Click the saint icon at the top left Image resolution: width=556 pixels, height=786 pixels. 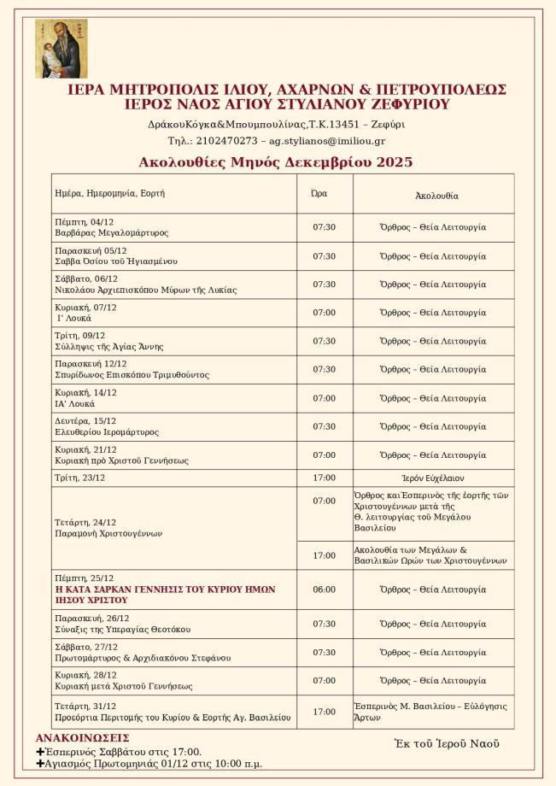61,49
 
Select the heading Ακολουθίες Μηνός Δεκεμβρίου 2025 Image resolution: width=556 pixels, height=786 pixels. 263,162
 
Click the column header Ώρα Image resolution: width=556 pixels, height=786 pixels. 319,194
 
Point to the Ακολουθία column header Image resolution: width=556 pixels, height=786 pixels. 436,196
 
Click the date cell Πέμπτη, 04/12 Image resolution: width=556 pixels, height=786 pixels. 84,222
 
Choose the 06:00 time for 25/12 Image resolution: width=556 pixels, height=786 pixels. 325,589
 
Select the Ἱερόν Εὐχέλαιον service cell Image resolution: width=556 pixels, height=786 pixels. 433,478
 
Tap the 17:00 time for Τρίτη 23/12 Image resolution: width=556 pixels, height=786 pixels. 325,478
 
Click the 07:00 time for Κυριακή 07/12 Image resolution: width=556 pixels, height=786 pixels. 325,313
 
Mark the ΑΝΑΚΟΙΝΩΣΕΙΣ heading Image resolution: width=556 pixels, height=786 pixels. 83,738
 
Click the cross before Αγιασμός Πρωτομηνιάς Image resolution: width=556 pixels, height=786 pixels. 40,764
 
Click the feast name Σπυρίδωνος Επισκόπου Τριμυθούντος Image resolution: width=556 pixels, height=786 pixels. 132,375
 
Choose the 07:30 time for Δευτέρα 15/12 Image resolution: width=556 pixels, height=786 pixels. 325,426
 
